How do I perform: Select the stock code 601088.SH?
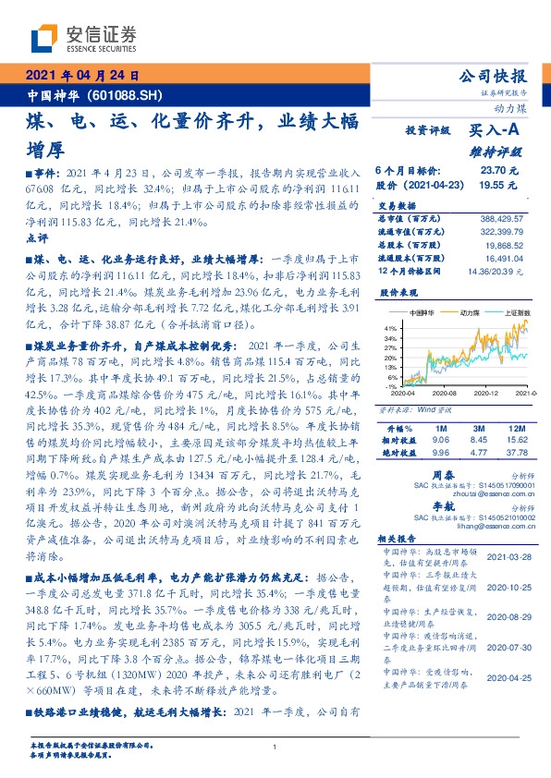(x=129, y=95)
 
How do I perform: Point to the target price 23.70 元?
(x=495, y=170)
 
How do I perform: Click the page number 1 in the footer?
(x=275, y=747)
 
